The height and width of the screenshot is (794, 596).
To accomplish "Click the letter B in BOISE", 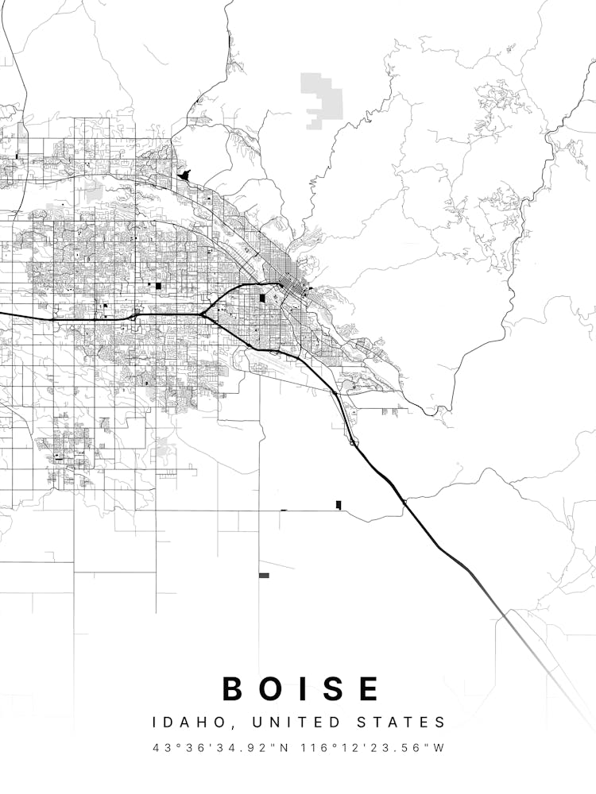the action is [x=232, y=688].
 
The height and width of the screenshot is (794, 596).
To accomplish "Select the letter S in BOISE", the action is [x=333, y=688].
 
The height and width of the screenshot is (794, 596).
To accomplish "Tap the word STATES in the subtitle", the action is [x=404, y=723].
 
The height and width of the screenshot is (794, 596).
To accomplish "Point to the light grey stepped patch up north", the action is [x=323, y=99].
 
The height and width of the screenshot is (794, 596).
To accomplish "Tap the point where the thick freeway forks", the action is [x=203, y=315].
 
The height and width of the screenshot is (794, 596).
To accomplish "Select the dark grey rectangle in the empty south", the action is [x=264, y=575].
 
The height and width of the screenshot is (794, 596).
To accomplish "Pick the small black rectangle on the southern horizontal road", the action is [x=339, y=505].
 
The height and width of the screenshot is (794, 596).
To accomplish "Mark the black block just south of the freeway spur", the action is [x=263, y=299].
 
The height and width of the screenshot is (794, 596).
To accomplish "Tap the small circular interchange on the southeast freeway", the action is [x=352, y=442].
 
